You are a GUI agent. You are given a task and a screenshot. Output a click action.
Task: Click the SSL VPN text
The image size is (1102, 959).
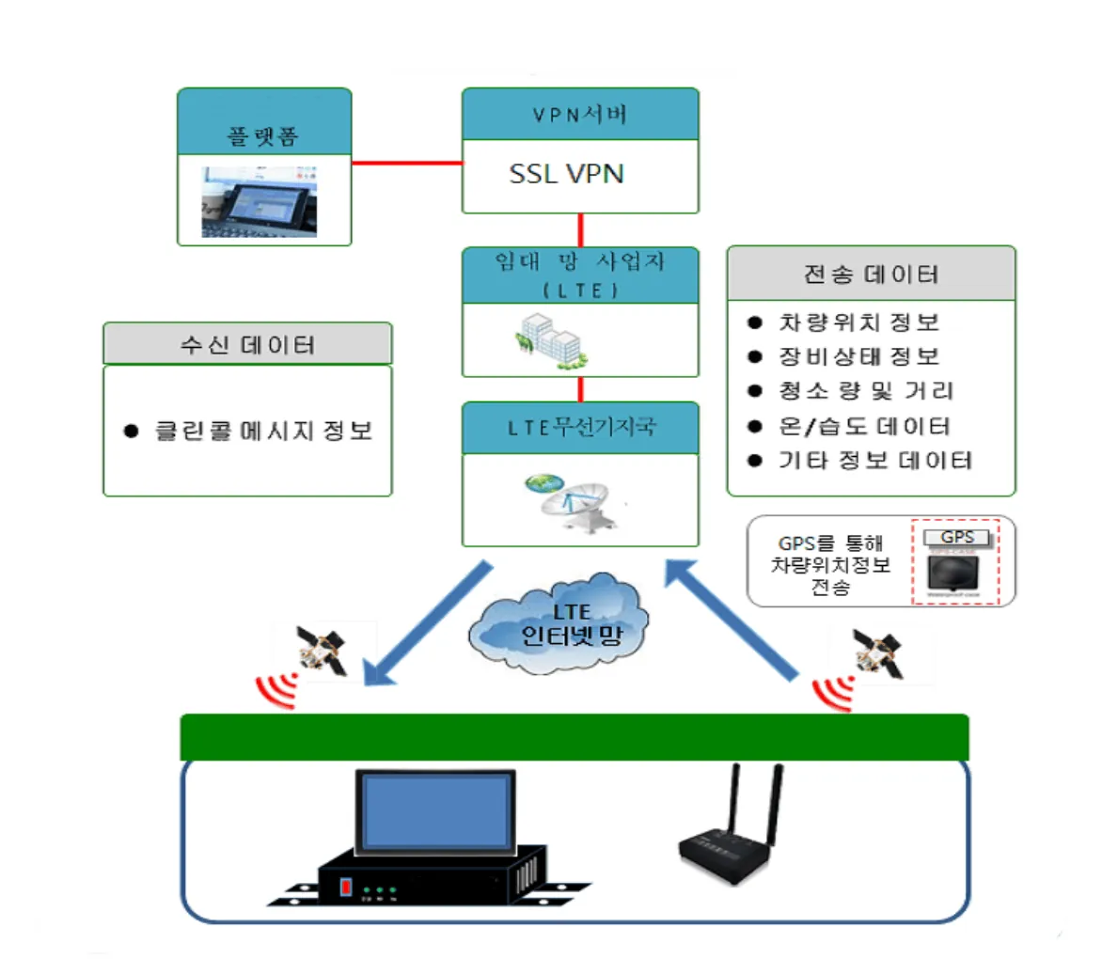pos(566,175)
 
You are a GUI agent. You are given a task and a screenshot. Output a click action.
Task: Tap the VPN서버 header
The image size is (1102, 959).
pos(579,115)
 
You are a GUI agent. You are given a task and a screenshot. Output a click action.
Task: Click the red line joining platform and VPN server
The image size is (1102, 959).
pos(406,163)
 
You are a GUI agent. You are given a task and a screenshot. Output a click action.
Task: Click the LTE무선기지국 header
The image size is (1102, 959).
pos(579,428)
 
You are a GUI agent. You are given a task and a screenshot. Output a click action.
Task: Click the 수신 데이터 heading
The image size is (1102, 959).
pos(246,343)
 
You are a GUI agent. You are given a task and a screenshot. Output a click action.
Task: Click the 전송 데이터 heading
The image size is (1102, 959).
pos(871,275)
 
